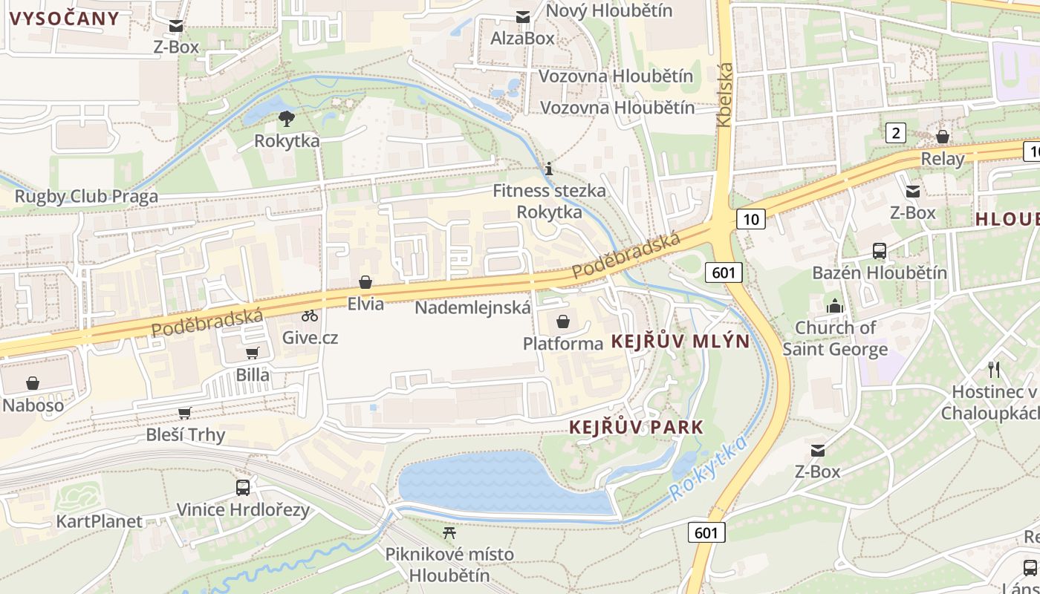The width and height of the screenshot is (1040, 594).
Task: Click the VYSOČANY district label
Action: pyautogui.click(x=64, y=19)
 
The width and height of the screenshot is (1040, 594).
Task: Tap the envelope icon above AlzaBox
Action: pyautogui.click(x=523, y=16)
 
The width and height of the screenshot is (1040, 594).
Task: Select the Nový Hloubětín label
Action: pyautogui.click(x=608, y=10)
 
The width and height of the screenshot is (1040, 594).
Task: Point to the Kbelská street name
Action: pyautogui.click(x=726, y=94)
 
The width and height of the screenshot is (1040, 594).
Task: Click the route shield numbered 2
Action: pyautogui.click(x=896, y=133)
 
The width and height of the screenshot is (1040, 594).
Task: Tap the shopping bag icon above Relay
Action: pyautogui.click(x=942, y=137)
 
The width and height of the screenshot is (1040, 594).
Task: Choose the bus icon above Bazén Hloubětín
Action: pyautogui.click(x=880, y=251)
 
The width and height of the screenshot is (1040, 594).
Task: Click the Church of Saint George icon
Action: pyautogui.click(x=835, y=305)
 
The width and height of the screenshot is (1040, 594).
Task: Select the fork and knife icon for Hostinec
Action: pyautogui.click(x=994, y=369)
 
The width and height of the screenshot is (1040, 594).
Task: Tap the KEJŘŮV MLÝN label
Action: pyautogui.click(x=680, y=342)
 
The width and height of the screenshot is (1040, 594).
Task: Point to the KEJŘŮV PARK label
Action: pyautogui.click(x=636, y=427)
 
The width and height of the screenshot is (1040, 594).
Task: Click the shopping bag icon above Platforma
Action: pyautogui.click(x=563, y=322)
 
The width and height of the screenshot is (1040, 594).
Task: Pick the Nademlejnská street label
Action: pyautogui.click(x=472, y=307)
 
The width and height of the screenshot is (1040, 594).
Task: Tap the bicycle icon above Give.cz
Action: pyautogui.click(x=310, y=316)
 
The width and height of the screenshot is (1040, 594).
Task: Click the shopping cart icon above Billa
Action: pyautogui.click(x=253, y=353)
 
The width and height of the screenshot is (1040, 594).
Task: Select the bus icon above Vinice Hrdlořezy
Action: pyautogui.click(x=243, y=488)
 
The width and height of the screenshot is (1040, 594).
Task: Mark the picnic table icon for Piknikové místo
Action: pyautogui.click(x=449, y=532)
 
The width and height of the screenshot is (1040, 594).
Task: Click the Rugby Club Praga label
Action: pyautogui.click(x=86, y=196)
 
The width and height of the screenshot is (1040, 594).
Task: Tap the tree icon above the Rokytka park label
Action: pyautogui.click(x=287, y=118)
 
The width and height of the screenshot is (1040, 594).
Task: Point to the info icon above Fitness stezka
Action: pyautogui.click(x=549, y=169)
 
